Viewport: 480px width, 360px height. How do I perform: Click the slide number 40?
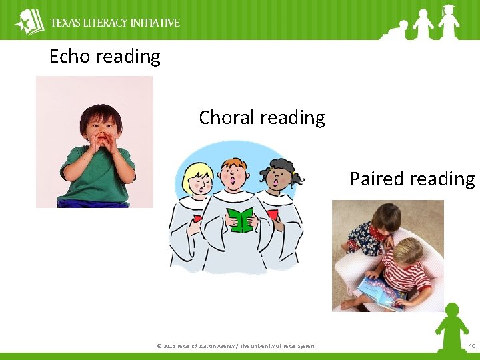[x=472, y=345]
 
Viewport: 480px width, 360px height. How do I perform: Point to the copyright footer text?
[x=236, y=345]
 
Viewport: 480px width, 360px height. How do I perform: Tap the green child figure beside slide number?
[x=451, y=327]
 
